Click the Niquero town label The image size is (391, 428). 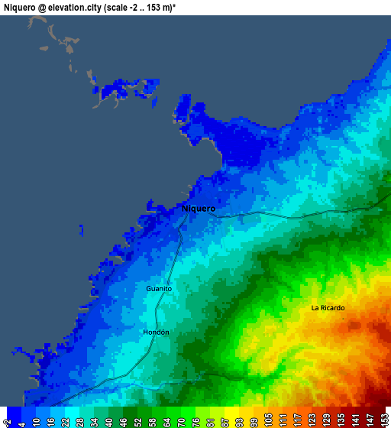(x=199, y=208)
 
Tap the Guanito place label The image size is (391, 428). (x=159, y=289)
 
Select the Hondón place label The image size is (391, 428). (x=156, y=332)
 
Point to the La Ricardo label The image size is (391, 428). (x=328, y=308)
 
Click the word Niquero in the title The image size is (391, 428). (x=21, y=6)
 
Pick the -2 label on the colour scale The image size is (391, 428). (x=7, y=419)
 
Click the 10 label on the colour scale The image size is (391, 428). (x=36, y=419)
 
